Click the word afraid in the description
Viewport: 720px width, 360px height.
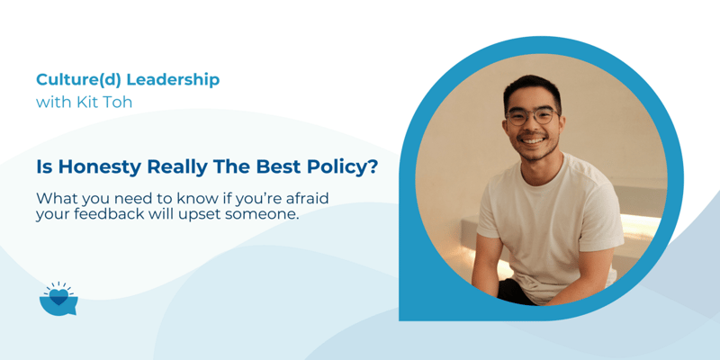coord(319,198)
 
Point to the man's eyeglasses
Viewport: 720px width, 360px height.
coord(531,115)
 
